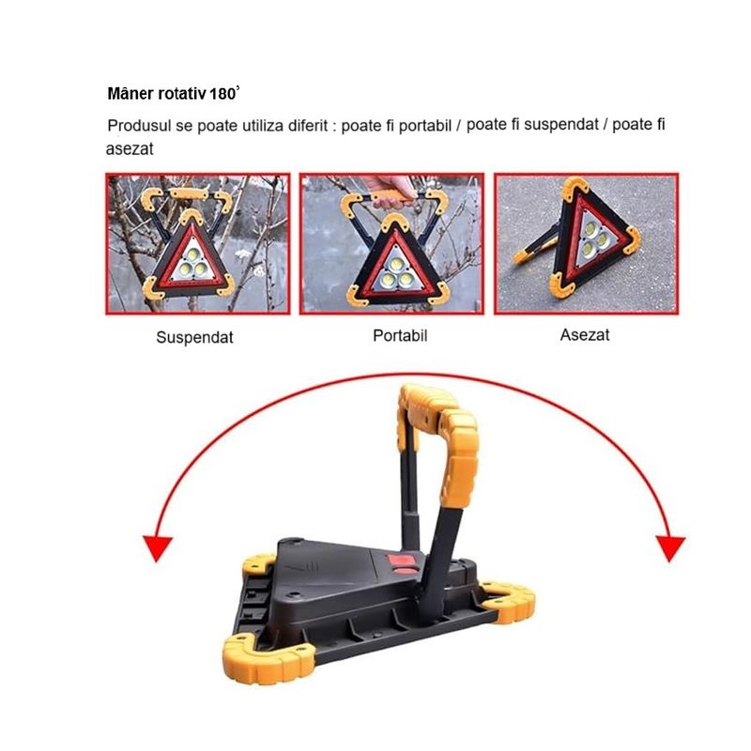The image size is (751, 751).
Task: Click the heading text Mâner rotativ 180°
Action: pyautogui.click(x=175, y=95)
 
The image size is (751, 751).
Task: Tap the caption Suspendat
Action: pyautogui.click(x=194, y=337)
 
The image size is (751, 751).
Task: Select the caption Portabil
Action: pyautogui.click(x=400, y=335)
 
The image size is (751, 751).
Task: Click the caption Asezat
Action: pyautogui.click(x=584, y=334)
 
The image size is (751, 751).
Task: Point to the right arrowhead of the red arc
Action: pyautogui.click(x=669, y=546)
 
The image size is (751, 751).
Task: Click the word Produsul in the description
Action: pyautogui.click(x=139, y=126)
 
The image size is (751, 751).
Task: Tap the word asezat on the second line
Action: pyautogui.click(x=129, y=149)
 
